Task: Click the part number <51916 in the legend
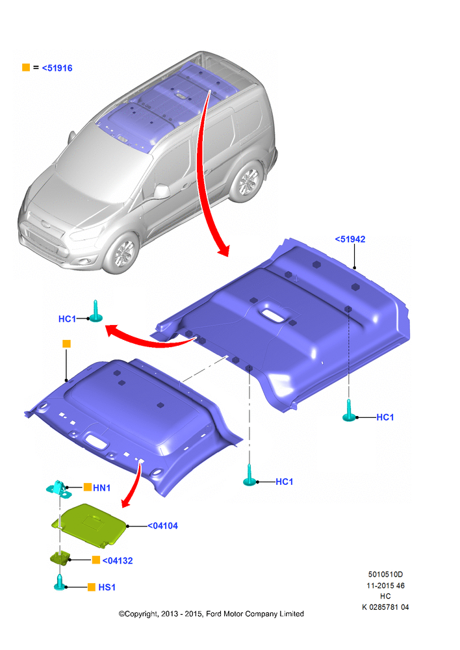pos(57,68)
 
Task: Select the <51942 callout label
pos(350,239)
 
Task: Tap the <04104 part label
pos(163,526)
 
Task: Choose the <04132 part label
pos(118,560)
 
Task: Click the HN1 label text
pos(101,488)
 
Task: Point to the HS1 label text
pos(107,588)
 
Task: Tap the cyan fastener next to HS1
pos(60,582)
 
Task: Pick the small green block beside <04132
pos(60,558)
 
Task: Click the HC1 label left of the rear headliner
pos(67,318)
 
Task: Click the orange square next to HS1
pos(92,587)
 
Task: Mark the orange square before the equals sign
pos(26,67)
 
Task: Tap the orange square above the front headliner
pos(66,344)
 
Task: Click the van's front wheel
pos(123,253)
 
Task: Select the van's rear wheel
pos(247,181)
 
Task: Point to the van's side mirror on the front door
pos(161,192)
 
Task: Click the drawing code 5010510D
pos(385,575)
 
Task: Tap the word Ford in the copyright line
pos(214,614)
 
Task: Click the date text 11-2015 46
pos(385,586)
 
